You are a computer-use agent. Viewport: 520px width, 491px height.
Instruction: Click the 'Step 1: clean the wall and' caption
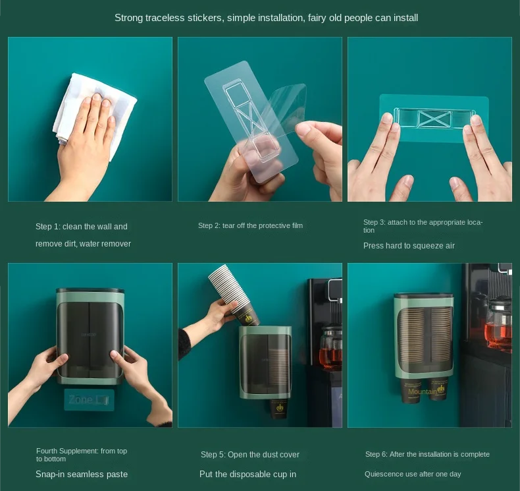[x=81, y=227]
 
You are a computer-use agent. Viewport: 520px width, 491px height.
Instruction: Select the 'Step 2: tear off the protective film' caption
[x=250, y=226]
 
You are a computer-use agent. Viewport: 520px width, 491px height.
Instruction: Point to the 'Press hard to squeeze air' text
[x=409, y=246]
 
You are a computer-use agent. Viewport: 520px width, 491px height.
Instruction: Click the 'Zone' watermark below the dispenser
[x=81, y=399]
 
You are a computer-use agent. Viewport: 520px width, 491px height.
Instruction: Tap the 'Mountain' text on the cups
[x=423, y=391]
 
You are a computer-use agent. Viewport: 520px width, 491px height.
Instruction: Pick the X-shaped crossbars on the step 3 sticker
[x=435, y=119]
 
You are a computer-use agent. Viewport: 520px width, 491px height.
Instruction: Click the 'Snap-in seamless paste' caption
[x=82, y=474]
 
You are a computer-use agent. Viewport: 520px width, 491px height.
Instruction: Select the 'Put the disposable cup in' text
[x=247, y=474]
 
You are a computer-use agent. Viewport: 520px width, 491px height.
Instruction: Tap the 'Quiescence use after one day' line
[x=413, y=474]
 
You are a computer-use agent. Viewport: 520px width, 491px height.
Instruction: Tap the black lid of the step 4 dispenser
[x=90, y=290]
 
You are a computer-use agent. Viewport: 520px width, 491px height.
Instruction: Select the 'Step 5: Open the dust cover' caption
[x=250, y=455]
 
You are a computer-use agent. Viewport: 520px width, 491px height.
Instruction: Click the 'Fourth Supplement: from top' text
[x=82, y=451]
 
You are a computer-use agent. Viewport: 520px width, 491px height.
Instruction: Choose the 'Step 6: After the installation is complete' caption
[x=427, y=454]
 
